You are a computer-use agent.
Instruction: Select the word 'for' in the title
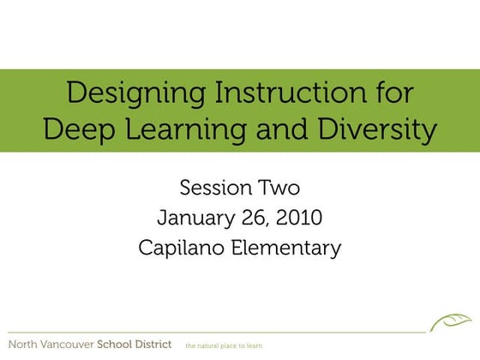coord(390,93)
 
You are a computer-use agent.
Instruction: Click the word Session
coord(215,188)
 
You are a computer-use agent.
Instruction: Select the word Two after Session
coord(279,188)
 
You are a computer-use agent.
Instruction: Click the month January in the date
coord(196,218)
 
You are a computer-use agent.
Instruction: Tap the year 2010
coord(300,218)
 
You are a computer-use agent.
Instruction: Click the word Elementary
coord(284,249)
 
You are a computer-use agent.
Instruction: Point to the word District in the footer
coord(160,345)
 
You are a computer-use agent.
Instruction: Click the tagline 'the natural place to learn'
coord(224,345)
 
